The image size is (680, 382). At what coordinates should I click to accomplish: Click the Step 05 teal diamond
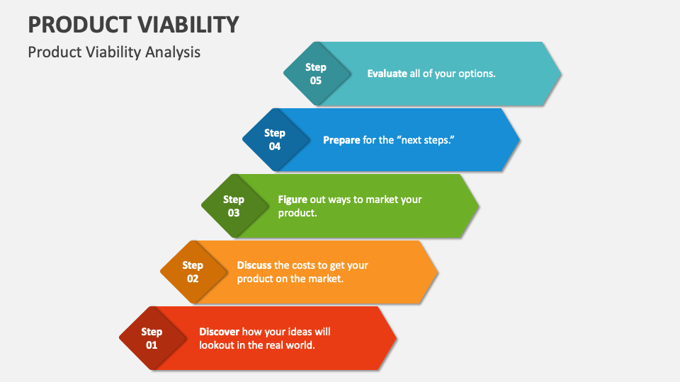(x=316, y=74)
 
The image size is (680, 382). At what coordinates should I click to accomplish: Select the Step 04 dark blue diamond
(x=275, y=139)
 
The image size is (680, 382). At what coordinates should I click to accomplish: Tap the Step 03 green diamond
(x=234, y=206)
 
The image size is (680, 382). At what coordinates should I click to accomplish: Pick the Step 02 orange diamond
(x=193, y=272)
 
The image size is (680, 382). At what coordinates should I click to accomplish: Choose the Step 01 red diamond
(x=152, y=338)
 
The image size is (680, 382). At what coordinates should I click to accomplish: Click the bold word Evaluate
(x=387, y=74)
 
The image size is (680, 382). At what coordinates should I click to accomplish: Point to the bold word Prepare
(x=341, y=140)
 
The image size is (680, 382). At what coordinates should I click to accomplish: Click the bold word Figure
(x=293, y=199)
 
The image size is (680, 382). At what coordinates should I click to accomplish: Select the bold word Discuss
(x=254, y=265)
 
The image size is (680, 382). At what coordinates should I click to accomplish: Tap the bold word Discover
(x=220, y=332)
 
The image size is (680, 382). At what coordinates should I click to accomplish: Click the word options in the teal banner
(x=476, y=74)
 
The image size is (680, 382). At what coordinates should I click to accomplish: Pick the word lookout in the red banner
(x=217, y=345)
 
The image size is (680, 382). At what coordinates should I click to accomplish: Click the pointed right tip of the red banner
(x=395, y=338)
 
